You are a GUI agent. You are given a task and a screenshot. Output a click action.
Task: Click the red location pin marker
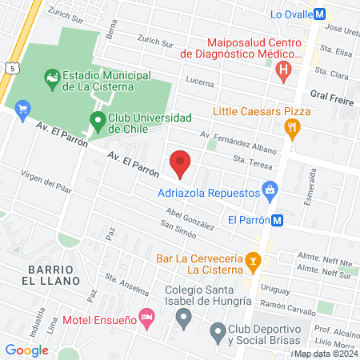[x=181, y=162]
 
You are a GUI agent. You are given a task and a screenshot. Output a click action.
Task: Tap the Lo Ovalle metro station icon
[x=319, y=14]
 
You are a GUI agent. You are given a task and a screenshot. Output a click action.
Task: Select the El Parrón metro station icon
[x=277, y=220]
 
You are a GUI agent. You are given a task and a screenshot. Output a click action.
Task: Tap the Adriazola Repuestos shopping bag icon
[x=270, y=191]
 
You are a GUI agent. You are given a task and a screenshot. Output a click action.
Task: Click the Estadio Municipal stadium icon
[x=52, y=77]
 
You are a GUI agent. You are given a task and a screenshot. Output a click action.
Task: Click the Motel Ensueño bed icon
[x=146, y=318]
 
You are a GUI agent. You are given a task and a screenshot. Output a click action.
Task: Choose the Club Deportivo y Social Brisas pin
[x=217, y=330]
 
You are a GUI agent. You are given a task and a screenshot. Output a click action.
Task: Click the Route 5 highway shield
[x=14, y=70]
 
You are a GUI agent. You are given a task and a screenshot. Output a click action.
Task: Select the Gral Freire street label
[x=332, y=94]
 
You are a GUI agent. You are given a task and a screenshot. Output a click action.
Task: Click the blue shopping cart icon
[x=22, y=107]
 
